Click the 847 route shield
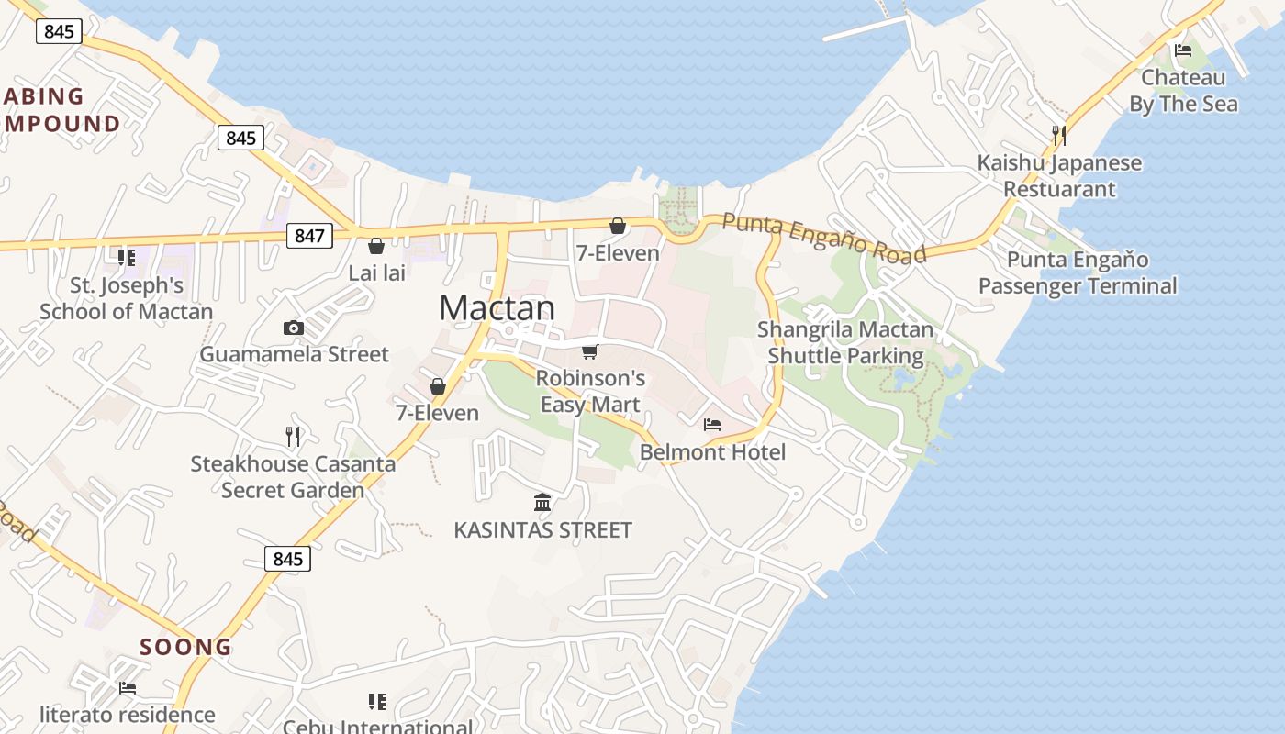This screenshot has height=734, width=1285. pyautogui.click(x=309, y=236)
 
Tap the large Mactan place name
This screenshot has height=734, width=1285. pyautogui.click(x=497, y=307)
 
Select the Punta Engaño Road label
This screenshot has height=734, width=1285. pyautogui.click(x=823, y=237)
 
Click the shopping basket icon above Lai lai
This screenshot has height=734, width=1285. pyautogui.click(x=375, y=246)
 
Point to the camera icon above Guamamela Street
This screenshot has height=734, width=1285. pyautogui.click(x=294, y=328)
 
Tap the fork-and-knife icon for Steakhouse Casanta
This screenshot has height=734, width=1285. pyautogui.click(x=293, y=437)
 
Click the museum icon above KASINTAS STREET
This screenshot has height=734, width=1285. pyautogui.click(x=542, y=503)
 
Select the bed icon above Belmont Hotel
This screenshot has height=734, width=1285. pyautogui.click(x=711, y=425)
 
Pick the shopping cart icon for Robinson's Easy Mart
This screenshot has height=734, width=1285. pyautogui.click(x=590, y=351)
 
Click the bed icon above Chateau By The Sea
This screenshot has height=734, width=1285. pyautogui.click(x=1183, y=50)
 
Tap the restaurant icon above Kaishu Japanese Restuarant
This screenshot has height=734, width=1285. pyautogui.click(x=1058, y=136)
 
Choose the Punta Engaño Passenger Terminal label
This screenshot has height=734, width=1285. pyautogui.click(x=1077, y=273)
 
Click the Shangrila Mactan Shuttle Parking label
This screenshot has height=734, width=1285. pyautogui.click(x=845, y=342)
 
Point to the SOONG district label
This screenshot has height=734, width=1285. pyautogui.click(x=186, y=647)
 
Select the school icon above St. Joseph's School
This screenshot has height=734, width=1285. pyautogui.click(x=126, y=258)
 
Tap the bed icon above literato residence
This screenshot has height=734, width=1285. pyautogui.click(x=128, y=687)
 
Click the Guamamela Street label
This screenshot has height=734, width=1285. pyautogui.click(x=294, y=354)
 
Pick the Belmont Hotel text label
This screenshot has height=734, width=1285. pyautogui.click(x=712, y=452)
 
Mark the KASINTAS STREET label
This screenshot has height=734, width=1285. pyautogui.click(x=542, y=530)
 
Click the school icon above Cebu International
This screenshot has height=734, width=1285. pyautogui.click(x=376, y=702)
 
